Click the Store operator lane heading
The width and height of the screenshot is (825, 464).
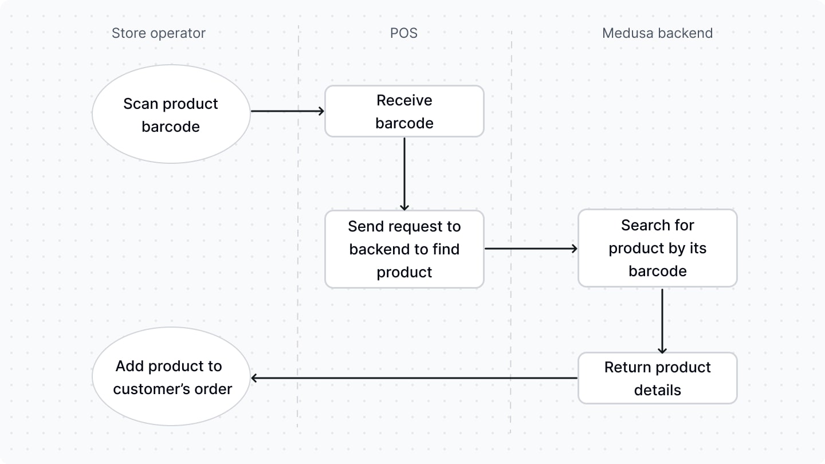[158, 33]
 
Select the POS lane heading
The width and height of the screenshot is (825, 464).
[404, 33]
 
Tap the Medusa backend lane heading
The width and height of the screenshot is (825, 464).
[657, 33]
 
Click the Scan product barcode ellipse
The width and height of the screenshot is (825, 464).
[171, 115]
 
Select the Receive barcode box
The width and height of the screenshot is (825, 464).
[404, 112]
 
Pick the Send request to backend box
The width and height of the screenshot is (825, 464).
[404, 249]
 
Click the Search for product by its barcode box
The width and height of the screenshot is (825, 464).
[657, 248]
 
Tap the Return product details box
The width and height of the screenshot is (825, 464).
[657, 378]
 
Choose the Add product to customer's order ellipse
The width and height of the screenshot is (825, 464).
[171, 377]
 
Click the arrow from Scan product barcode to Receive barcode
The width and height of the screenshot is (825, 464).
[288, 111]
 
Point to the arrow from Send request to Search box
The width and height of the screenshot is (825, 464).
[531, 249]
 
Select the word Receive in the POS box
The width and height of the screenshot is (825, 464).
[404, 100]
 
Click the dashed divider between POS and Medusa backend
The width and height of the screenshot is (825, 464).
[511, 229]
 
